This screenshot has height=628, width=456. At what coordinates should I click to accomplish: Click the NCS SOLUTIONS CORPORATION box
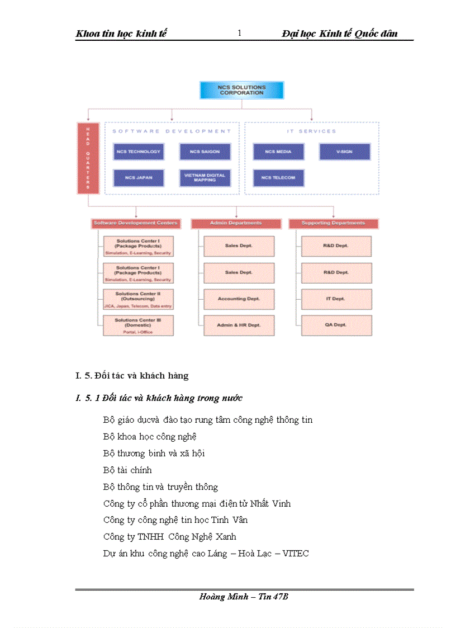click(x=241, y=90)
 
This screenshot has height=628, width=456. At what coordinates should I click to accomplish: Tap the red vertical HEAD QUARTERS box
click(x=88, y=158)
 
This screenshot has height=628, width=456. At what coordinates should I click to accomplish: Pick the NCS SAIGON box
click(x=205, y=152)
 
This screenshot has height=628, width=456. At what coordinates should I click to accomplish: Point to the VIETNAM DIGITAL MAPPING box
click(x=205, y=178)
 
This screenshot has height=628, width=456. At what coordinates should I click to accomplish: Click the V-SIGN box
click(x=344, y=152)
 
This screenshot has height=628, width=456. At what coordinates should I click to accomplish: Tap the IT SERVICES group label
click(x=311, y=131)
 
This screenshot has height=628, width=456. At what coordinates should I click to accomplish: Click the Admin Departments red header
click(x=235, y=224)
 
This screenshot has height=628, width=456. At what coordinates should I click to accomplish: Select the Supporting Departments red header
click(x=333, y=224)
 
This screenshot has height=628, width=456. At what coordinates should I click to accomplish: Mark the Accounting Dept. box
click(x=239, y=299)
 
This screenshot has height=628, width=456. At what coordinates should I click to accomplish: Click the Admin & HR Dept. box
click(x=239, y=325)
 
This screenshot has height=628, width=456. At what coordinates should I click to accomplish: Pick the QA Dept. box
click(x=336, y=325)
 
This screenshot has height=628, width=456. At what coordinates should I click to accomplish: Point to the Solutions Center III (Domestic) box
click(x=138, y=325)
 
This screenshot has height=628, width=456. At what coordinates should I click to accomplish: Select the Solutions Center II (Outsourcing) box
click(x=138, y=299)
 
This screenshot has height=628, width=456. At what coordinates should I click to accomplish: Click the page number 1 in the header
click(x=240, y=34)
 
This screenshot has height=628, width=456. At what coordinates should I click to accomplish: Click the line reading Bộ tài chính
click(x=127, y=470)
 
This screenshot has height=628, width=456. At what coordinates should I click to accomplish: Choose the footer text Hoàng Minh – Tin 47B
click(x=244, y=597)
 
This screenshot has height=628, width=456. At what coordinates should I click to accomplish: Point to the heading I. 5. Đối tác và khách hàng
click(x=132, y=375)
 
